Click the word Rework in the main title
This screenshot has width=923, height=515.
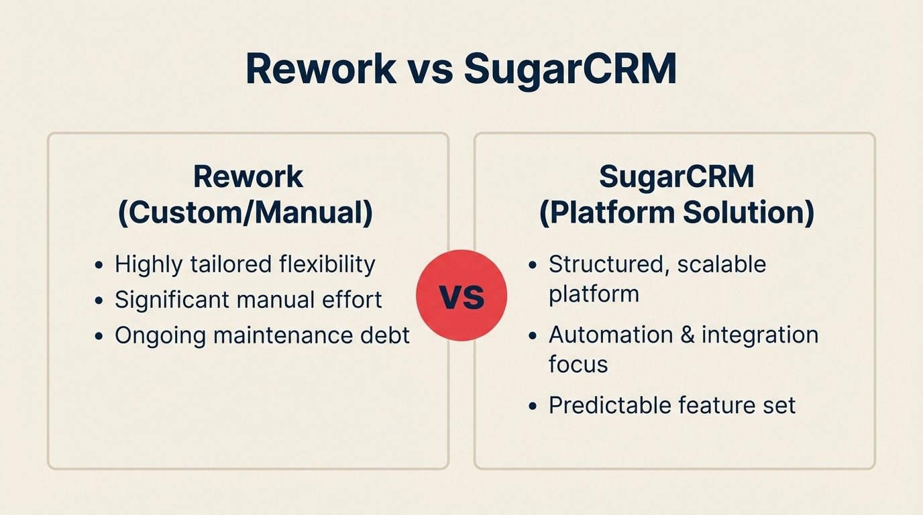tap(321, 68)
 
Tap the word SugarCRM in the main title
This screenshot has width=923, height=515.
tap(569, 68)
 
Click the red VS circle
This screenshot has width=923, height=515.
tap(461, 296)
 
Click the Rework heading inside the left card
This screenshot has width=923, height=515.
tap(248, 177)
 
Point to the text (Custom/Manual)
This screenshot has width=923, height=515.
tap(246, 213)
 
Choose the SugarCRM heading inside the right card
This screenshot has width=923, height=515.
tap(676, 177)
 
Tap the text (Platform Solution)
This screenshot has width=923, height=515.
tap(676, 213)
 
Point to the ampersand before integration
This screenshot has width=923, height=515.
tap(686, 335)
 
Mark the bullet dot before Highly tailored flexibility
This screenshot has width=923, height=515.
tap(99, 266)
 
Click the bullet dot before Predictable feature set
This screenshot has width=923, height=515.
tap(533, 406)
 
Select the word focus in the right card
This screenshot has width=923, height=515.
tap(578, 364)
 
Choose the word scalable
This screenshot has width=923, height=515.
tap(722, 264)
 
